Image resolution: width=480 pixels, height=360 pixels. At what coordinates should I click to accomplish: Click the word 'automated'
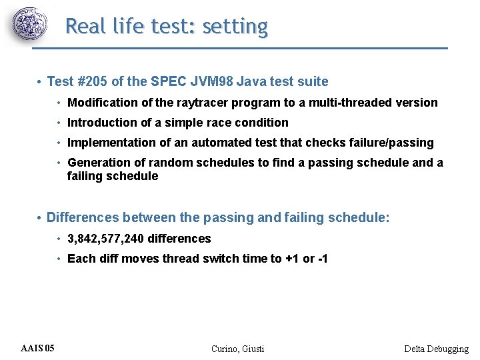point(223,143)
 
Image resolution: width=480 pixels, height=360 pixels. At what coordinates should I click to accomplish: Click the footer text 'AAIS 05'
point(38,349)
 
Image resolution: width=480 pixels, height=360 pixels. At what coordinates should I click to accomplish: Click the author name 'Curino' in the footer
point(225,349)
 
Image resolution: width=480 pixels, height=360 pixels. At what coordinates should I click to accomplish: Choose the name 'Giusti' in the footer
point(253,349)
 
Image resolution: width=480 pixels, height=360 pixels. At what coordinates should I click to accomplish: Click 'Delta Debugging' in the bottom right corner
point(436,349)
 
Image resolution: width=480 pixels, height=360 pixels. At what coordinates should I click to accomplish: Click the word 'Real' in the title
point(84,27)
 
